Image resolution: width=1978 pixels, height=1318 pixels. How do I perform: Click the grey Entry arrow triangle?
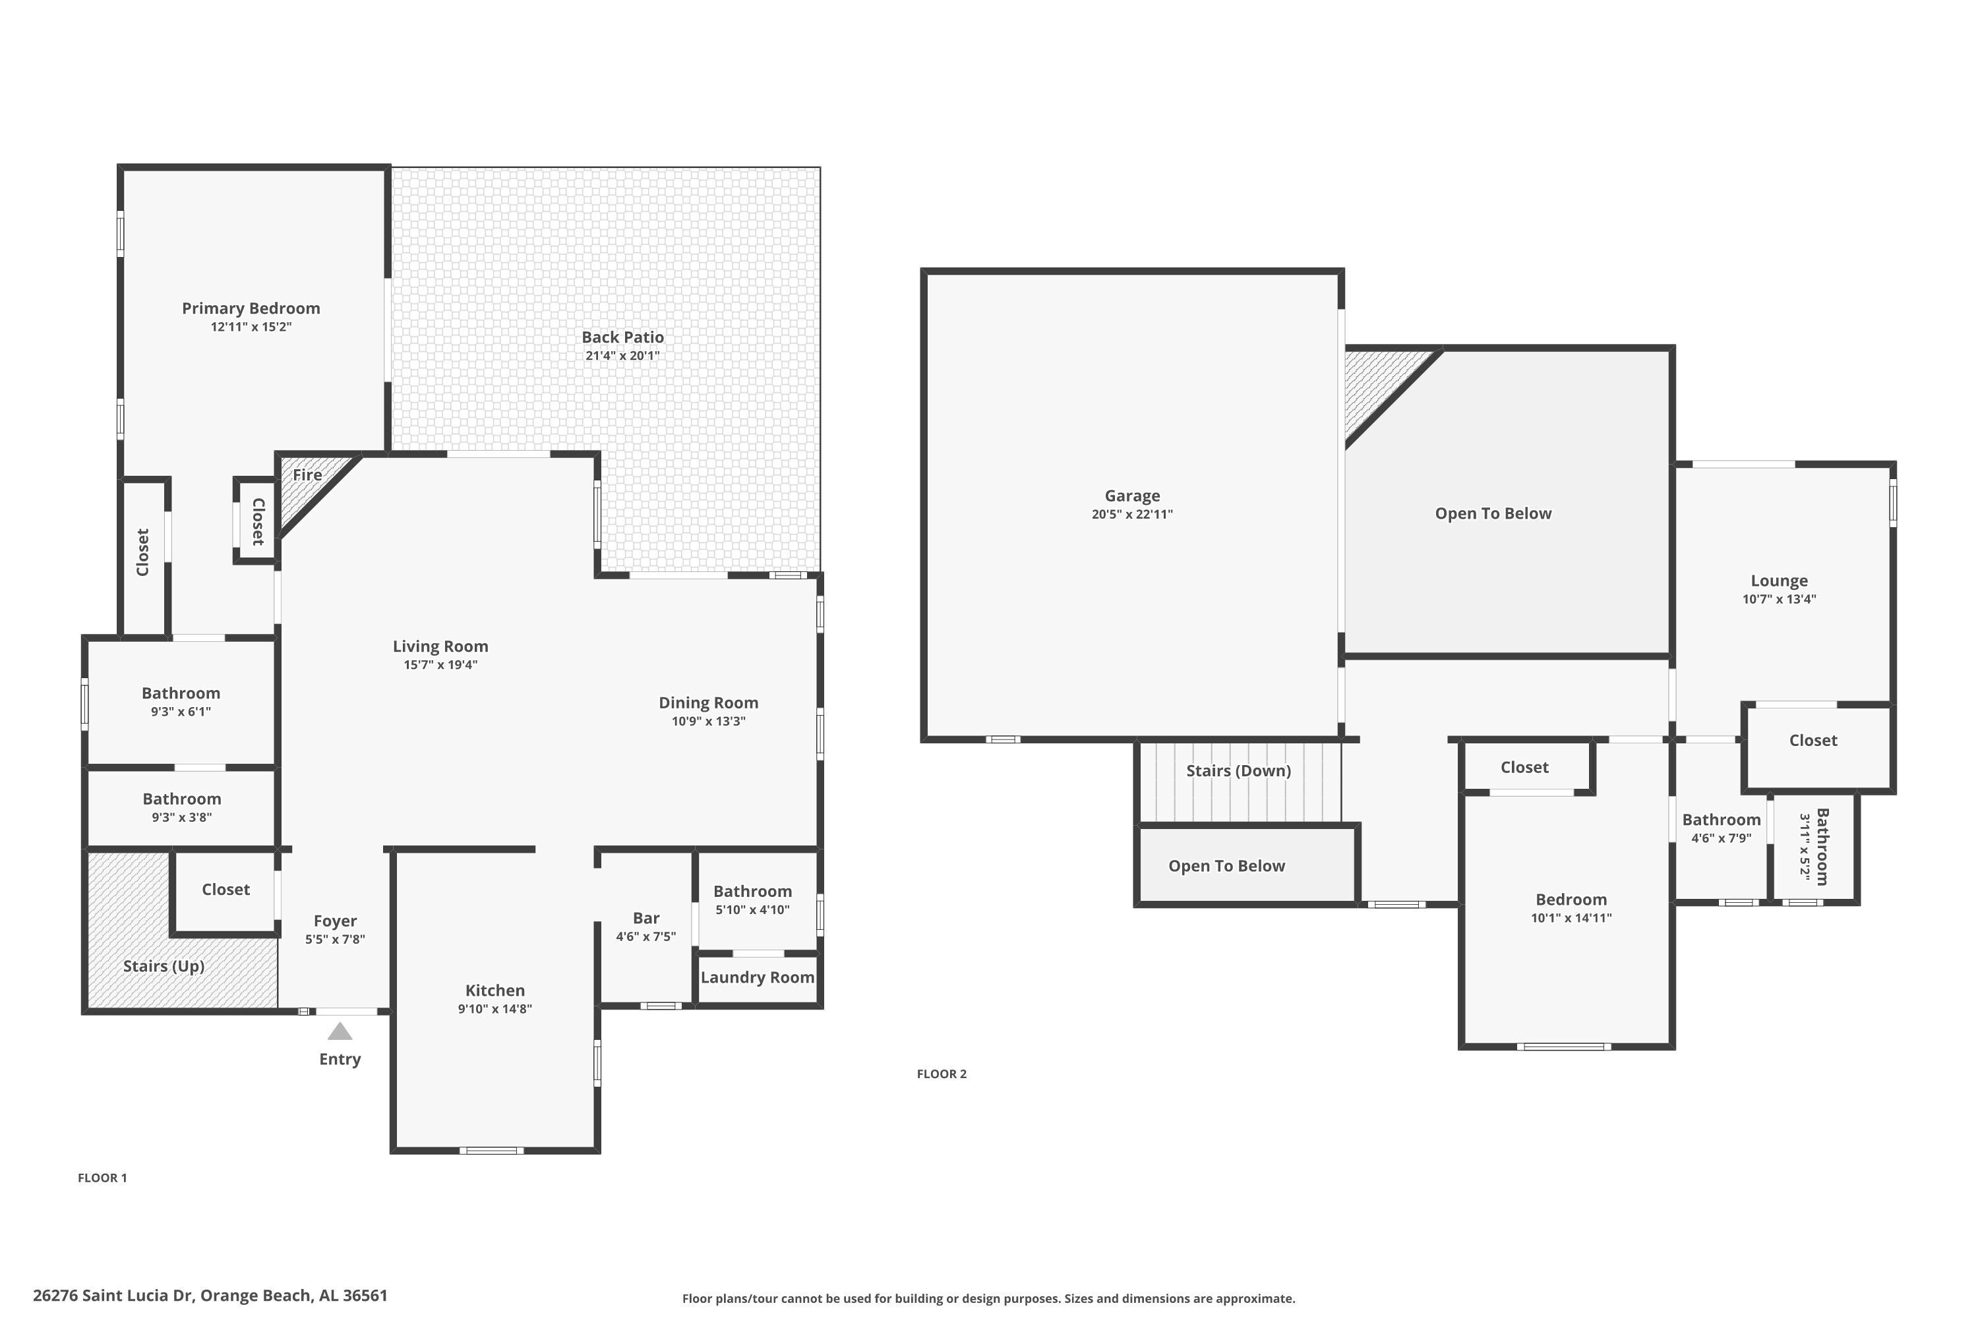340,1031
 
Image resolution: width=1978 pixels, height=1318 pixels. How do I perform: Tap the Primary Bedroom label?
251,308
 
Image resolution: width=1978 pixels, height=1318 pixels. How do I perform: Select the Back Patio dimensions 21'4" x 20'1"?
622,356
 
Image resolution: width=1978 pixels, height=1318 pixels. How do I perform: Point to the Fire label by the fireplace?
307,475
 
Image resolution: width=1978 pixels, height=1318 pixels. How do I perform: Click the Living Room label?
440,646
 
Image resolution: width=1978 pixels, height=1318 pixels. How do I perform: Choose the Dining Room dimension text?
708,721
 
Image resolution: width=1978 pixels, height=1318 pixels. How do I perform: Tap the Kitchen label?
495,990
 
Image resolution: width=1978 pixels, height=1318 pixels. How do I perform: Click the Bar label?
646,918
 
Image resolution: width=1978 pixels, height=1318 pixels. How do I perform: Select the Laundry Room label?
757,977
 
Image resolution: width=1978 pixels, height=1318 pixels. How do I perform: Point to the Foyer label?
335,921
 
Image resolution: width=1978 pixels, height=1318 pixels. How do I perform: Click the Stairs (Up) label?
164,967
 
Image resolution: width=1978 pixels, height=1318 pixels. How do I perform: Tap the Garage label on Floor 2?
1132,496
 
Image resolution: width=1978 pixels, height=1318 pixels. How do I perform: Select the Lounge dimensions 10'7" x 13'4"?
1779,599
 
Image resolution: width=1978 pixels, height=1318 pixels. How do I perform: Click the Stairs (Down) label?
1238,771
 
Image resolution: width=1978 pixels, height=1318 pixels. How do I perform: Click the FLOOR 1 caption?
103,1178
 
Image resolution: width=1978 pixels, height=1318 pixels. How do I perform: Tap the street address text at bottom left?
210,1296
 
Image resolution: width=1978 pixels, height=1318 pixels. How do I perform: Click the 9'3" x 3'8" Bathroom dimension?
182,817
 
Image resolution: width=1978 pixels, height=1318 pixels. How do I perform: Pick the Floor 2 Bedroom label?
1571,900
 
